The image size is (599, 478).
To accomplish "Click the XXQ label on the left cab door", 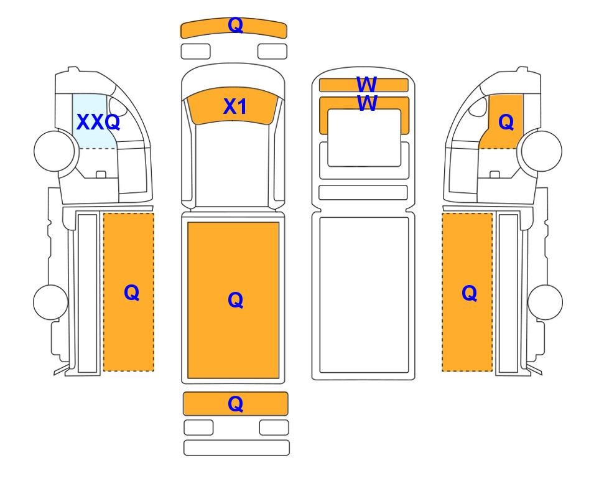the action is pos(98,122).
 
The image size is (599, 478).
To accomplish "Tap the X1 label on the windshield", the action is pos(234,106).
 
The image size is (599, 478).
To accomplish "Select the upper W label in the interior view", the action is pos(366,84).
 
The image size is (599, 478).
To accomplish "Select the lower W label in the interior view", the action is pos(366,103).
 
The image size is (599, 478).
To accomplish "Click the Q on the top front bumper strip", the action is pos(235,26).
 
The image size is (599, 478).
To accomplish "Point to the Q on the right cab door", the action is pos(506,123).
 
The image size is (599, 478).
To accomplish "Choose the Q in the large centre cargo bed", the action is pos(235,300).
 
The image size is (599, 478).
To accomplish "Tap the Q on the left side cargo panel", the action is pos(131,293).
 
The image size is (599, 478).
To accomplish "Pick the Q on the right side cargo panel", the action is pos(470,293).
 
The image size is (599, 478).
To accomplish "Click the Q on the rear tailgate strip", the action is pos(235,403).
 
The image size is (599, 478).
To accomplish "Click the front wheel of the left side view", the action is pos(54,151).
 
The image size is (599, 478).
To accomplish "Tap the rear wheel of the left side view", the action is pos(50,302).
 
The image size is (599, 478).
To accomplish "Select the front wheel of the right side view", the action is pos(542,151).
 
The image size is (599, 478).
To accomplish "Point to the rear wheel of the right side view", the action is pos(545,302).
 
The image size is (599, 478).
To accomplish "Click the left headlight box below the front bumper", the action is pos(195,52).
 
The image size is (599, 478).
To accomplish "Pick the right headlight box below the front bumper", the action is pos(272,52).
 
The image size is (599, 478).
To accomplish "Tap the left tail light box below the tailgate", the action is pos(198,428).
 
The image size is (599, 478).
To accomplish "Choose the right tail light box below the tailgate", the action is pos(274,428).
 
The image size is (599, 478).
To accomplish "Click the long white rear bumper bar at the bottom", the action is pos(236,448).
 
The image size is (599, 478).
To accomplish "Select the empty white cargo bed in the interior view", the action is pos(364,295).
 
